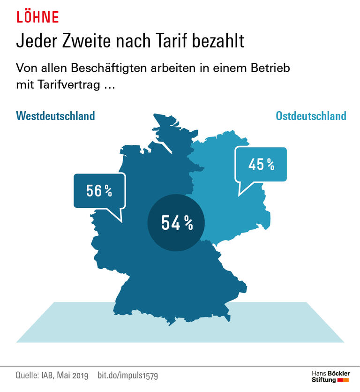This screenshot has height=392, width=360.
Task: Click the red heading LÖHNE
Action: [x=37, y=17]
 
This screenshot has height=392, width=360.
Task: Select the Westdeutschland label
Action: [x=55, y=116]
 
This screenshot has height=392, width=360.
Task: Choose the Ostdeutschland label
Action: [x=311, y=116]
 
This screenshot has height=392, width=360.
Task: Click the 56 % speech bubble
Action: [x=99, y=190]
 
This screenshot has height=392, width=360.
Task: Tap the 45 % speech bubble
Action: [x=261, y=165]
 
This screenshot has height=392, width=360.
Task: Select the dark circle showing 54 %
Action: [x=177, y=223]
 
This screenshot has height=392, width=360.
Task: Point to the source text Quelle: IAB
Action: [x=37, y=376]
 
